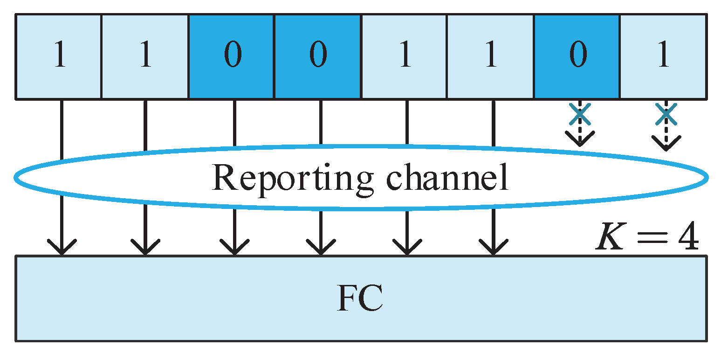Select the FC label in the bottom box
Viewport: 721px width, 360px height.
pyautogui.click(x=360, y=299)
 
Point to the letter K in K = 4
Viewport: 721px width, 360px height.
pyautogui.click(x=612, y=238)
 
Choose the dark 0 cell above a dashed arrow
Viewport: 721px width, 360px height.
pyautogui.click(x=577, y=56)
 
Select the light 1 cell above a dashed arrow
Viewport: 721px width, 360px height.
pyautogui.click(x=663, y=56)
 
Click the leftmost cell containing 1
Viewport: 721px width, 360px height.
pyautogui.click(x=59, y=56)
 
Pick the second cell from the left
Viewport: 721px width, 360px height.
pyautogui.click(x=145, y=56)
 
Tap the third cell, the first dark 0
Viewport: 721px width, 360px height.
pyautogui.click(x=232, y=56)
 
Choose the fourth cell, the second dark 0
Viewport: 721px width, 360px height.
pyautogui.click(x=317, y=56)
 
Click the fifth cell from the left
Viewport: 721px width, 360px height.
pyautogui.click(x=404, y=56)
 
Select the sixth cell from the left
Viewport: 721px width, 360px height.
pyautogui.click(x=490, y=56)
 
